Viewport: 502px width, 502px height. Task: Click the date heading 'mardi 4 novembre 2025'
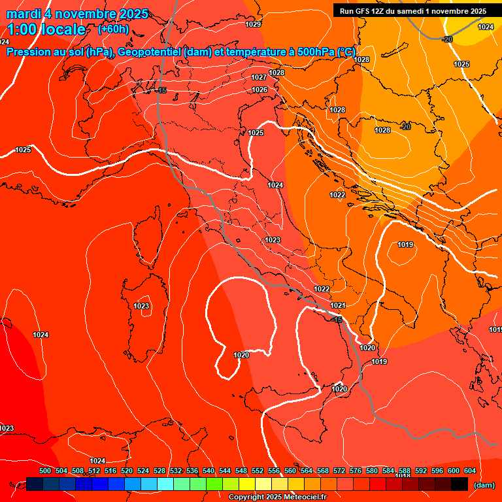[x=77, y=14]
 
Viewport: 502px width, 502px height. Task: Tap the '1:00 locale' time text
[x=46, y=29]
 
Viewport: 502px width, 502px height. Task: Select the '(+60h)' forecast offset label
[x=113, y=29]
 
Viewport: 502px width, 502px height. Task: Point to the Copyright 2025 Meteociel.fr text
[x=277, y=497]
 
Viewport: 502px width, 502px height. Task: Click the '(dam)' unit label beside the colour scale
[x=484, y=485]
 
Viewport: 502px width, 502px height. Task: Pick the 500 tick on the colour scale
[x=45, y=471]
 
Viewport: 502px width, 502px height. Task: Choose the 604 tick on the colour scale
[x=469, y=471]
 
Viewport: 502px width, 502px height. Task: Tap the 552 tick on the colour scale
[x=258, y=471]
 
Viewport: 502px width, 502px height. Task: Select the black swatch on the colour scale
[x=460, y=484]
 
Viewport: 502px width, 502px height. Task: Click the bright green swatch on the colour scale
[x=214, y=484]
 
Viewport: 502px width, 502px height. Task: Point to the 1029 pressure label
[x=254, y=24]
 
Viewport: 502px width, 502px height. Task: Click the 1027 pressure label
[x=259, y=77]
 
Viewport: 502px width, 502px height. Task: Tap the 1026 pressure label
[x=260, y=90]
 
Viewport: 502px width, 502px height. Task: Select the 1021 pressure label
[x=338, y=305]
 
